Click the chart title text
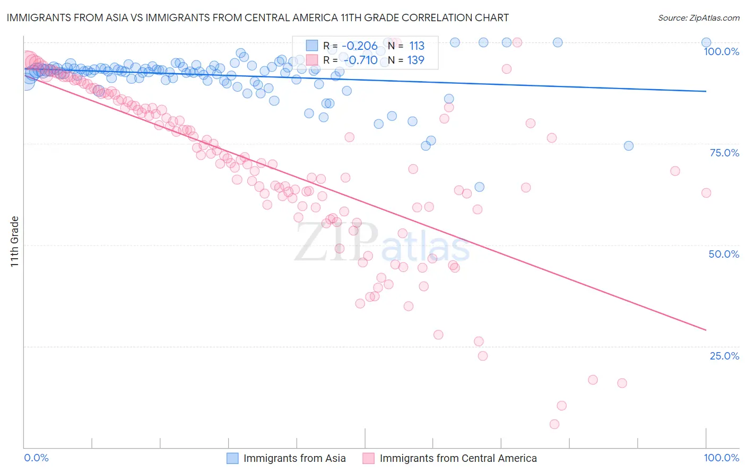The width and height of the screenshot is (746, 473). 257,17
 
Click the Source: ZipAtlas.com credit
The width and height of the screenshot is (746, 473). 698,17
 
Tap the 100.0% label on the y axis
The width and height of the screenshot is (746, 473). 721,51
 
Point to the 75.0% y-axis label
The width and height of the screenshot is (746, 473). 724,153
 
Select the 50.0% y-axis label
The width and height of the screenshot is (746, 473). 724,254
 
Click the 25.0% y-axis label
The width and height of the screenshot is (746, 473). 724,356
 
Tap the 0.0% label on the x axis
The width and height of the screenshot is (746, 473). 36,458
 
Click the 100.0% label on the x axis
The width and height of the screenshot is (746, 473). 721,458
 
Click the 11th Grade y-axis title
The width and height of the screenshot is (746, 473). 15,241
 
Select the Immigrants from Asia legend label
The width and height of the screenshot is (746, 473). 294,458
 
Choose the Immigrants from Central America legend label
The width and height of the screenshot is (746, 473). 458,458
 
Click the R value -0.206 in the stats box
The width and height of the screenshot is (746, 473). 360,46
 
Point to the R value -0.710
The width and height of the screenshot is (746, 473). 360,60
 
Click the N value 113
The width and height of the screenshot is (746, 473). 417,46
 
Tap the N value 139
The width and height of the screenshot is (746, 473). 415,60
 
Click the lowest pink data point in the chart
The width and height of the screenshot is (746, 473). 554,424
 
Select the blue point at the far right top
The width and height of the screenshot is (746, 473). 706,42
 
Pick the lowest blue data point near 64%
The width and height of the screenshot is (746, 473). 479,187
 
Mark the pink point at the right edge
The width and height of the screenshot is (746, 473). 706,193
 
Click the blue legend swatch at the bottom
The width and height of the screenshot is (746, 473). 232,458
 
